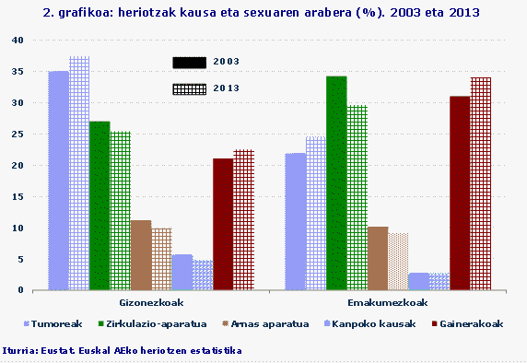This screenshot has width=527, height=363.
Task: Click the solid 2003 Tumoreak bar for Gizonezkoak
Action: click(58, 181)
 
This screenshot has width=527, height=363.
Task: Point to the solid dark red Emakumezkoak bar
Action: click(460, 193)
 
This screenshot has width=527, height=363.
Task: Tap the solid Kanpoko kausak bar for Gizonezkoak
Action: click(182, 272)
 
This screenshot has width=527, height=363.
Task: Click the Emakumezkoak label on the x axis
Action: click(380, 302)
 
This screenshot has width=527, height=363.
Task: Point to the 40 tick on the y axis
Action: click(18, 41)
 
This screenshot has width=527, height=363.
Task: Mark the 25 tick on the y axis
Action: click(18, 135)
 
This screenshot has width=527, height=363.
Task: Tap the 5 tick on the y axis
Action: click(20, 259)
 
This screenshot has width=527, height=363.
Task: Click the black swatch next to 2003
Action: click(190, 62)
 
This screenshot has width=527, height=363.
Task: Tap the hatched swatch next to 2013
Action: click(190, 88)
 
